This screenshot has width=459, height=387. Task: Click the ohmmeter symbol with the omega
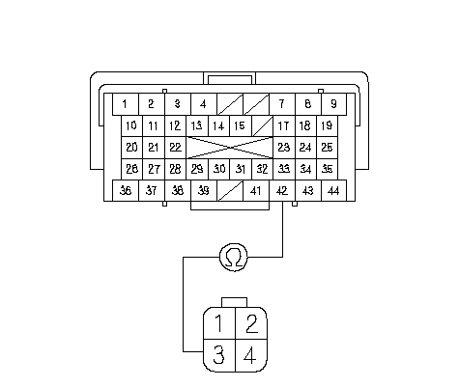[x=234, y=258]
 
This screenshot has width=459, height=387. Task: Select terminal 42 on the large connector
[x=282, y=191]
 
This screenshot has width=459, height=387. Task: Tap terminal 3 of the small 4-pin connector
[x=219, y=355]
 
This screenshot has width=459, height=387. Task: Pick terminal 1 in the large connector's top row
[x=126, y=104]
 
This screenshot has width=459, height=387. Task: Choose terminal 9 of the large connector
[x=333, y=104]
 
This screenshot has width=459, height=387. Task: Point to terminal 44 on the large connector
[x=333, y=191]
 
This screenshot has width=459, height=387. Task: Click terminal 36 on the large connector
[x=126, y=191]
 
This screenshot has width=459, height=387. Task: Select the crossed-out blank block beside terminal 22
[x=230, y=148]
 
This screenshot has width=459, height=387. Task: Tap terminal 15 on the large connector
[x=241, y=125]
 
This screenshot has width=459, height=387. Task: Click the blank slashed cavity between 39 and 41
[x=230, y=191]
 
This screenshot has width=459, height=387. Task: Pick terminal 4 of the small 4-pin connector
[x=251, y=355]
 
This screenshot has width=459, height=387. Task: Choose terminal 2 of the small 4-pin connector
[x=251, y=323]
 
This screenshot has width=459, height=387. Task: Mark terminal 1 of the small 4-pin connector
[x=219, y=323]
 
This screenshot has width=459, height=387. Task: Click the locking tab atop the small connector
[x=234, y=302]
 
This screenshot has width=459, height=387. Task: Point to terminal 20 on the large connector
[x=131, y=148]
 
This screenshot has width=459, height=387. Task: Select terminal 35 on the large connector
[x=327, y=169]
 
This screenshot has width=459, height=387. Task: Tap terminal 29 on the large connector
[x=197, y=169]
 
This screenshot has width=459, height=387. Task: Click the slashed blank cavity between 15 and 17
[x=262, y=125]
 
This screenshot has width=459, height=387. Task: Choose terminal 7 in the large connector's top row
[x=282, y=104]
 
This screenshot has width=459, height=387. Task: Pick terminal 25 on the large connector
[x=327, y=148]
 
